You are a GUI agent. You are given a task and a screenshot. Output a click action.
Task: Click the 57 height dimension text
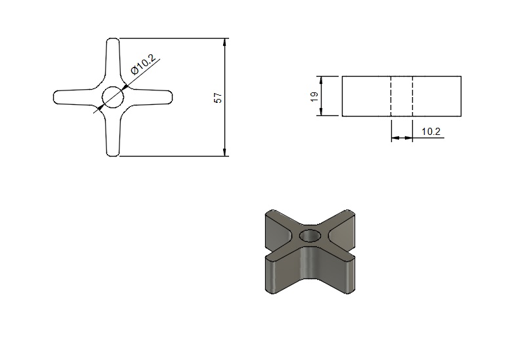tap(219, 98)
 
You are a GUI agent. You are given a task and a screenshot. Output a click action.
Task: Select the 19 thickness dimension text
tap(314, 97)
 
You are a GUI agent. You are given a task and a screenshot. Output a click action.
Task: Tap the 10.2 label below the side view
tap(431, 132)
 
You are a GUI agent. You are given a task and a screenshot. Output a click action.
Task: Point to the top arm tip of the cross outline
tap(113, 39)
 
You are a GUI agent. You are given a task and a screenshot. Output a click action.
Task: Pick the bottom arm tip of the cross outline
tap(113, 156)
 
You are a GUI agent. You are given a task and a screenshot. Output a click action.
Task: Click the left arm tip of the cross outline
tap(54, 98)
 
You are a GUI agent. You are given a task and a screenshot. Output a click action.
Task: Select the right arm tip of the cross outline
tap(172, 98)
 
